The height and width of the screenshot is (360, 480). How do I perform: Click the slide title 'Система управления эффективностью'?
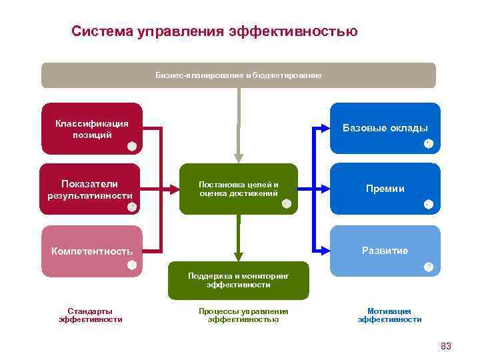(x=215, y=31)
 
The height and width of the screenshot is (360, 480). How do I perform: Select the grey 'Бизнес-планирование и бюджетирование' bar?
(x=239, y=75)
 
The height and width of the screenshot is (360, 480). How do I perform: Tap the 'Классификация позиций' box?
(x=91, y=129)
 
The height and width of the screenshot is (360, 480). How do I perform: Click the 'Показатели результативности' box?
(x=89, y=189)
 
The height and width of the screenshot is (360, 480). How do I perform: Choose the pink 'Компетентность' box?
(x=92, y=251)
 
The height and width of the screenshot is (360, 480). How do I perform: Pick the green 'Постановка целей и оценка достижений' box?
(x=239, y=189)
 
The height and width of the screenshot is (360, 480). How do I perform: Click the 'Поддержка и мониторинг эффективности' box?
(x=239, y=279)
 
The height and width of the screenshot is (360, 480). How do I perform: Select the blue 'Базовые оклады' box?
(x=385, y=128)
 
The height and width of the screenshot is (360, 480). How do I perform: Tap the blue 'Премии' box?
(x=385, y=189)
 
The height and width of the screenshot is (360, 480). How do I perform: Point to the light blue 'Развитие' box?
(x=385, y=251)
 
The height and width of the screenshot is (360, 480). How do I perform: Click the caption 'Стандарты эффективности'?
(x=91, y=315)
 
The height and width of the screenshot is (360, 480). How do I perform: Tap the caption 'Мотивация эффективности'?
(x=389, y=315)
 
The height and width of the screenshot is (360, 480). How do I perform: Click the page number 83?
(x=446, y=346)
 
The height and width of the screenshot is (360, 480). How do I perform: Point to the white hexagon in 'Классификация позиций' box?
(x=132, y=146)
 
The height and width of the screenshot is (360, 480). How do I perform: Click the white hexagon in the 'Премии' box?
(x=428, y=204)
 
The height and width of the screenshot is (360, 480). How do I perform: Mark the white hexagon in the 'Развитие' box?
(x=428, y=267)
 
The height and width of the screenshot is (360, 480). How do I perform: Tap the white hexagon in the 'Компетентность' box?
(x=132, y=266)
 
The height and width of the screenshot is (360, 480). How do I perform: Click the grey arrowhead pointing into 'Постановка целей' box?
(x=239, y=158)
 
